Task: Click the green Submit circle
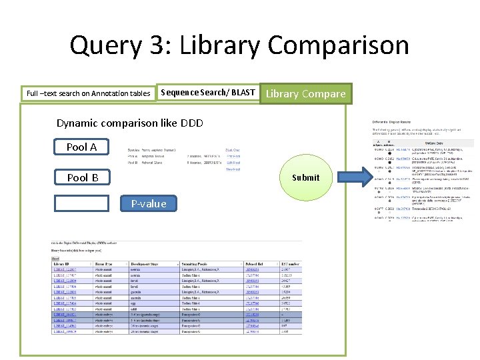305,177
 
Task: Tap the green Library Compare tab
306,93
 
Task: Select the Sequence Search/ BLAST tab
208,93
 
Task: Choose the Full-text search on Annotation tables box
88,93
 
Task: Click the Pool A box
81,147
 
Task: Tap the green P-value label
149,203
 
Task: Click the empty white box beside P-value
81,203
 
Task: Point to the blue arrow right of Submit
351,177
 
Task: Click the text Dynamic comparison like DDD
129,123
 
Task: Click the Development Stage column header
149,265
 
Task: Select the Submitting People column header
200,265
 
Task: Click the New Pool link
233,169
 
